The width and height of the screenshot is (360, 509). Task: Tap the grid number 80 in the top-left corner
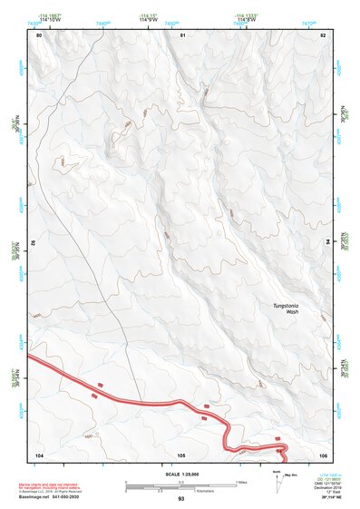click(39, 34)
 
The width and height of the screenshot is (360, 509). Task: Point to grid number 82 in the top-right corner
click(323, 34)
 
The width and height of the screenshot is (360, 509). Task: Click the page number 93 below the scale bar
click(181, 499)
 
